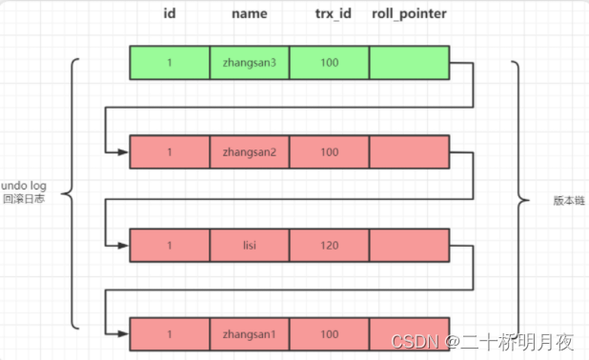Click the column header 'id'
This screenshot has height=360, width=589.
coord(169,15)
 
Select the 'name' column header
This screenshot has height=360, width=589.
coord(249,15)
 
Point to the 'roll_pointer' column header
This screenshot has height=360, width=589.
coord(410,15)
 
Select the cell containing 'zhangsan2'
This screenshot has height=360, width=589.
coord(249,152)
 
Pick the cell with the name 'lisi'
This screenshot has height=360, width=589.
coord(249,244)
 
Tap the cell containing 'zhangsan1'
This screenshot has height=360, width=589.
coord(249,334)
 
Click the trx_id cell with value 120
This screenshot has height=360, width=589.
coord(328,244)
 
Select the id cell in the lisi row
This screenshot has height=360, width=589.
coord(169,244)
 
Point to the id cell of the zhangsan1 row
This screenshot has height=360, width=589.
coord(169,334)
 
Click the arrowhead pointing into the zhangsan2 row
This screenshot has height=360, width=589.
coord(124,152)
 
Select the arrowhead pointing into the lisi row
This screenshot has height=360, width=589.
coord(124,244)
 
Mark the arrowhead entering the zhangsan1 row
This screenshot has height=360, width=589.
coord(124,334)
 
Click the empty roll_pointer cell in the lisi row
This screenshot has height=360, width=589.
coord(409,244)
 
